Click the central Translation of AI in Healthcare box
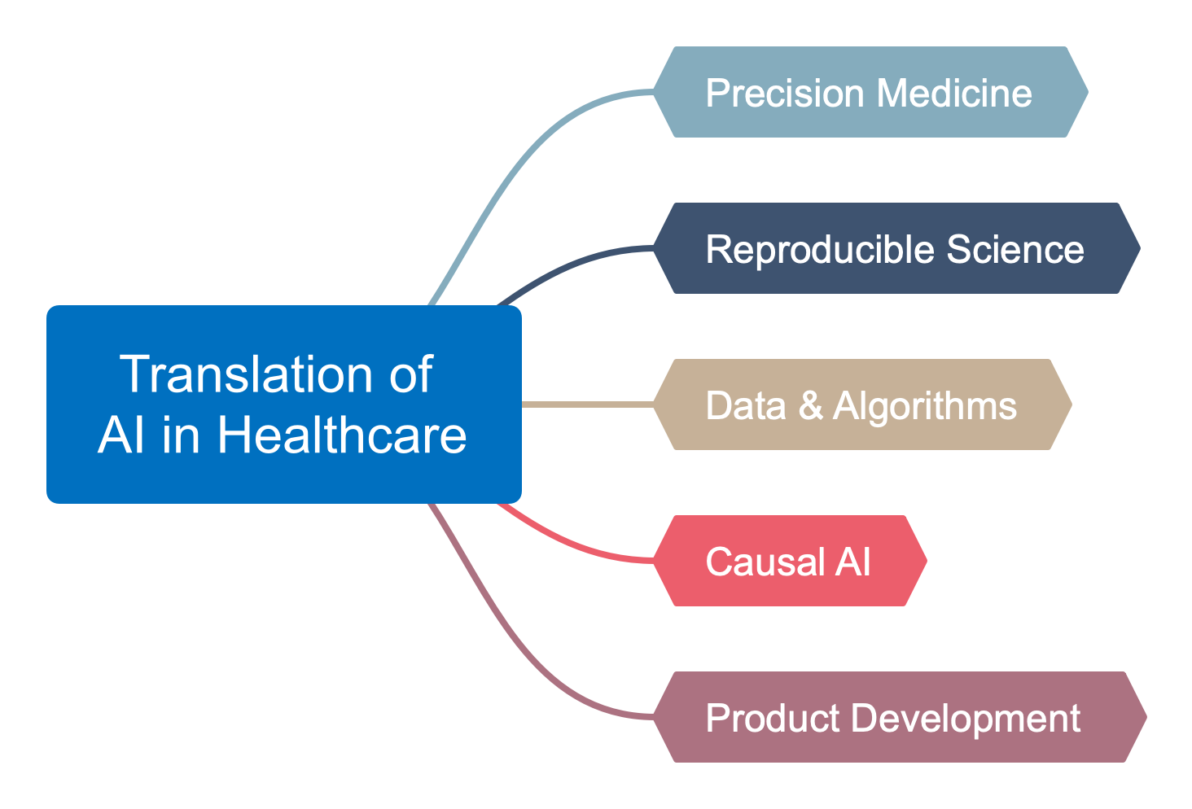(x=283, y=404)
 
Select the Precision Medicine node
(x=870, y=92)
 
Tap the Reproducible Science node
(x=896, y=248)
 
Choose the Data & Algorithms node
(x=861, y=404)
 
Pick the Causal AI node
(x=789, y=561)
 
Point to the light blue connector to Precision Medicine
(x=521, y=163)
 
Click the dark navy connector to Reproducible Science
(x=570, y=264)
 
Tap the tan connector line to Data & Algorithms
(x=586, y=404)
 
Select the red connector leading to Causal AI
(x=570, y=545)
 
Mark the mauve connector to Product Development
(x=521, y=647)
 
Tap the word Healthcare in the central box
(x=342, y=435)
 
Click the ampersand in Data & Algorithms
(x=810, y=405)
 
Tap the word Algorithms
(x=925, y=405)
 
